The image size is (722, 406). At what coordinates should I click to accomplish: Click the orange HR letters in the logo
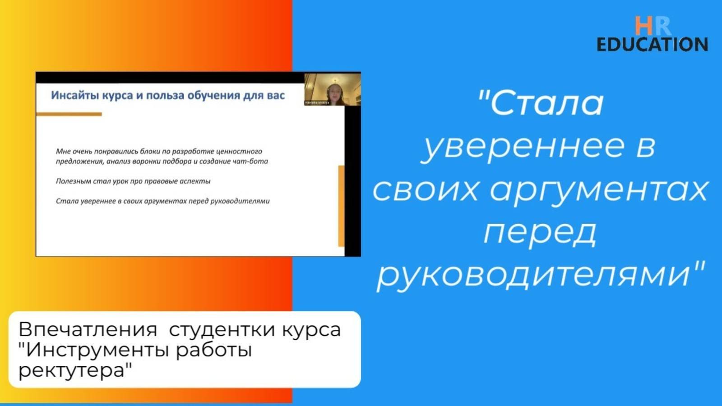click(652, 26)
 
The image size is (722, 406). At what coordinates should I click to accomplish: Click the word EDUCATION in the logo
click(652, 45)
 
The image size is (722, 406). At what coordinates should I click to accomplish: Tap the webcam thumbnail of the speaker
click(333, 89)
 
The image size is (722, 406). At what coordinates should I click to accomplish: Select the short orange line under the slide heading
click(69, 115)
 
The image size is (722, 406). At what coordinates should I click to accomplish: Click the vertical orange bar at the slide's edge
click(341, 206)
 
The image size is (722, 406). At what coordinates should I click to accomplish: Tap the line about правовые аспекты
click(133, 181)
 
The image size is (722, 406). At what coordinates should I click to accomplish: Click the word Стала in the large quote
click(546, 103)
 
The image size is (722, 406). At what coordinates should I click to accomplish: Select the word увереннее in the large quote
click(523, 146)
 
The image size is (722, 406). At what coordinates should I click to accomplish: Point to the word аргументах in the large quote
click(599, 189)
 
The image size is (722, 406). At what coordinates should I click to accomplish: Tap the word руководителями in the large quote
click(534, 274)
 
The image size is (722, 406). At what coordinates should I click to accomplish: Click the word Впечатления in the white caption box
click(88, 330)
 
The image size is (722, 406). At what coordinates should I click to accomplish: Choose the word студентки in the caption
click(222, 330)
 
